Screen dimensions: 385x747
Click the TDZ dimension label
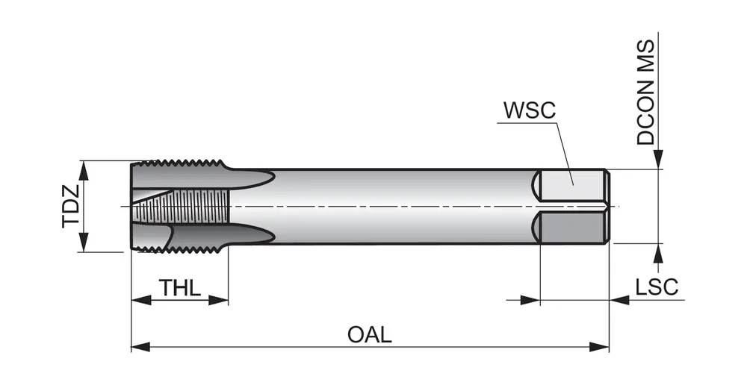coord(70,206)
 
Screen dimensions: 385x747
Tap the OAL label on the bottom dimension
coord(369,334)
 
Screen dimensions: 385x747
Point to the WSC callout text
coord(529,110)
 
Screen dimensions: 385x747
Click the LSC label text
coord(656,287)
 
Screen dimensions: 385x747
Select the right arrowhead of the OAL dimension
coord(601,346)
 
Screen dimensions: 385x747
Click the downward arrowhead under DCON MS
coord(658,160)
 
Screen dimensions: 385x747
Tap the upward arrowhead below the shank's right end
coord(658,252)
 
